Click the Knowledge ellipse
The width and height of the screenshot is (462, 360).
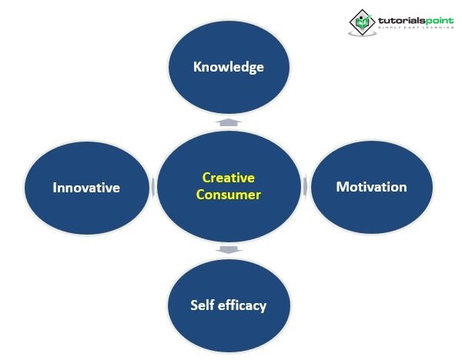pos(229,67)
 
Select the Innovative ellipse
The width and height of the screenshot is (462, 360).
pos(86,188)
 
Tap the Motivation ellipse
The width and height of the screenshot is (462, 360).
pos(372,187)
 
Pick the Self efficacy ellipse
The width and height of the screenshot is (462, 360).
pos(229,305)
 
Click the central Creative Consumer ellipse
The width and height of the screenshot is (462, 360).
pos(229,186)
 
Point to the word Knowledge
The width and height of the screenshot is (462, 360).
pos(229,67)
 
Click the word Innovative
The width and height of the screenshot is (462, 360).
pos(86,188)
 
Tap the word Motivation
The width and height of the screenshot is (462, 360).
pos(372,187)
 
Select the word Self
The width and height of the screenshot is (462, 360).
pos(202,305)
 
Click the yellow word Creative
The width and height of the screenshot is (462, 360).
pos(229,178)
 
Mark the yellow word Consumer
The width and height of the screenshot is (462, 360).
pos(229,195)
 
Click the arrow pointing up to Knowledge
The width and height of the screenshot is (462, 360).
pos(229,122)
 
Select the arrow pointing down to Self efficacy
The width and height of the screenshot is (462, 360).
pos(229,250)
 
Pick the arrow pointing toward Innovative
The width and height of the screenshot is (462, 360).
pos(153,187)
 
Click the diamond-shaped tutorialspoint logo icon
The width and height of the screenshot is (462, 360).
pos(362,22)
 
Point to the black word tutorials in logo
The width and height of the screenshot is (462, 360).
pos(402,21)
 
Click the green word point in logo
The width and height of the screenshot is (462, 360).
pos(440,22)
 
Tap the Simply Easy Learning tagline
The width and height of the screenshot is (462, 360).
pos(416,28)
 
